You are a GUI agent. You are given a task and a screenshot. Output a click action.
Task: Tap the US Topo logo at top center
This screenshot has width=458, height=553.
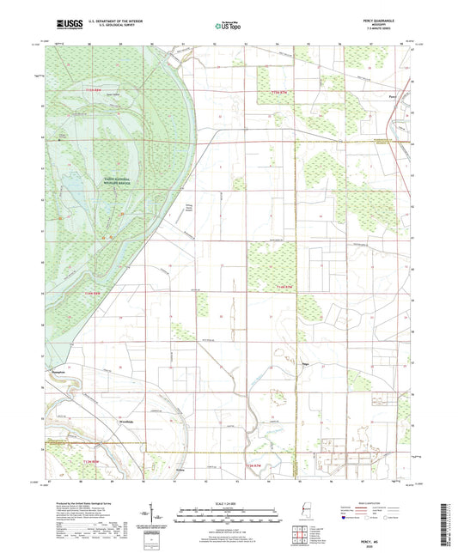tap(229, 27)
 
